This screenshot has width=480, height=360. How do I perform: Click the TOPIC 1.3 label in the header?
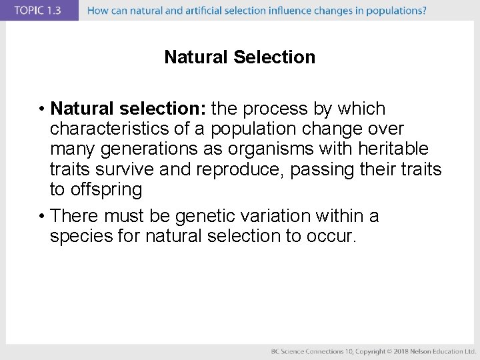(x=37, y=11)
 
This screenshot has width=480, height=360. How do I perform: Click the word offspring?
(x=105, y=190)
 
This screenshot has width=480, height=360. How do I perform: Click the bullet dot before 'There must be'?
(x=41, y=216)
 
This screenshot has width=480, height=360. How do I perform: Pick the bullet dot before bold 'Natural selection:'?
(x=41, y=109)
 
